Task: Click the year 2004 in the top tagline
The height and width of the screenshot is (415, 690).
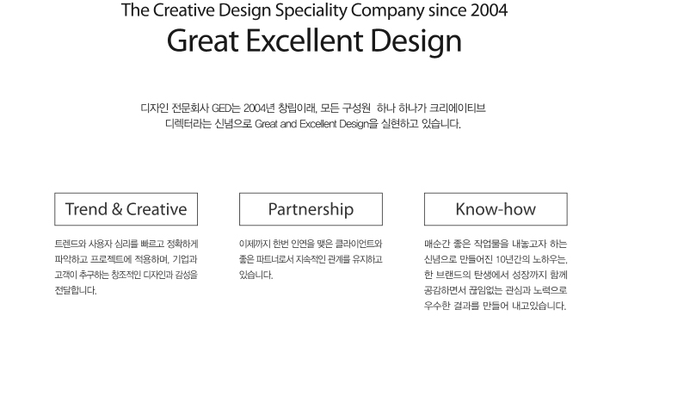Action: coord(489,10)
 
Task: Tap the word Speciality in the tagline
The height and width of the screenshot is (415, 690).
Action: coord(311,10)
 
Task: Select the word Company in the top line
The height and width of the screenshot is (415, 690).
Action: coord(387,10)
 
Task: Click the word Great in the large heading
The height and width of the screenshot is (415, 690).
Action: coord(203,40)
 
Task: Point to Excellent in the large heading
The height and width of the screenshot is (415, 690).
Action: coord(305,40)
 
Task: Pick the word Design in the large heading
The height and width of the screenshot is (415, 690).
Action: coord(416,41)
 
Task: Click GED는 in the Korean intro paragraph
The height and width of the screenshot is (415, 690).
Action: coord(225,108)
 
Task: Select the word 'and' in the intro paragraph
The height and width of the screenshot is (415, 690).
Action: coord(288,124)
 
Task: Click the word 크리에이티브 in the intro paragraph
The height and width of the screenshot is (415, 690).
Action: coord(458,108)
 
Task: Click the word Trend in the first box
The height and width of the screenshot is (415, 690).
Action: coord(86,209)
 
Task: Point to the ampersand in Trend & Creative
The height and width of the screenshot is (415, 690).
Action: coord(117,209)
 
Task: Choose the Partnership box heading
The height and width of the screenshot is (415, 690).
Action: coord(311,209)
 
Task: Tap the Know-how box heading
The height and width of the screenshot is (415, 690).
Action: coord(496,209)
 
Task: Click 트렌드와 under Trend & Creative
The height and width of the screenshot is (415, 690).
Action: coord(70,244)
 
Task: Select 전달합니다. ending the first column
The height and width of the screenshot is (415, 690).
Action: coord(76,290)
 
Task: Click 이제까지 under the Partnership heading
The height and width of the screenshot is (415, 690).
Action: coord(255,244)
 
